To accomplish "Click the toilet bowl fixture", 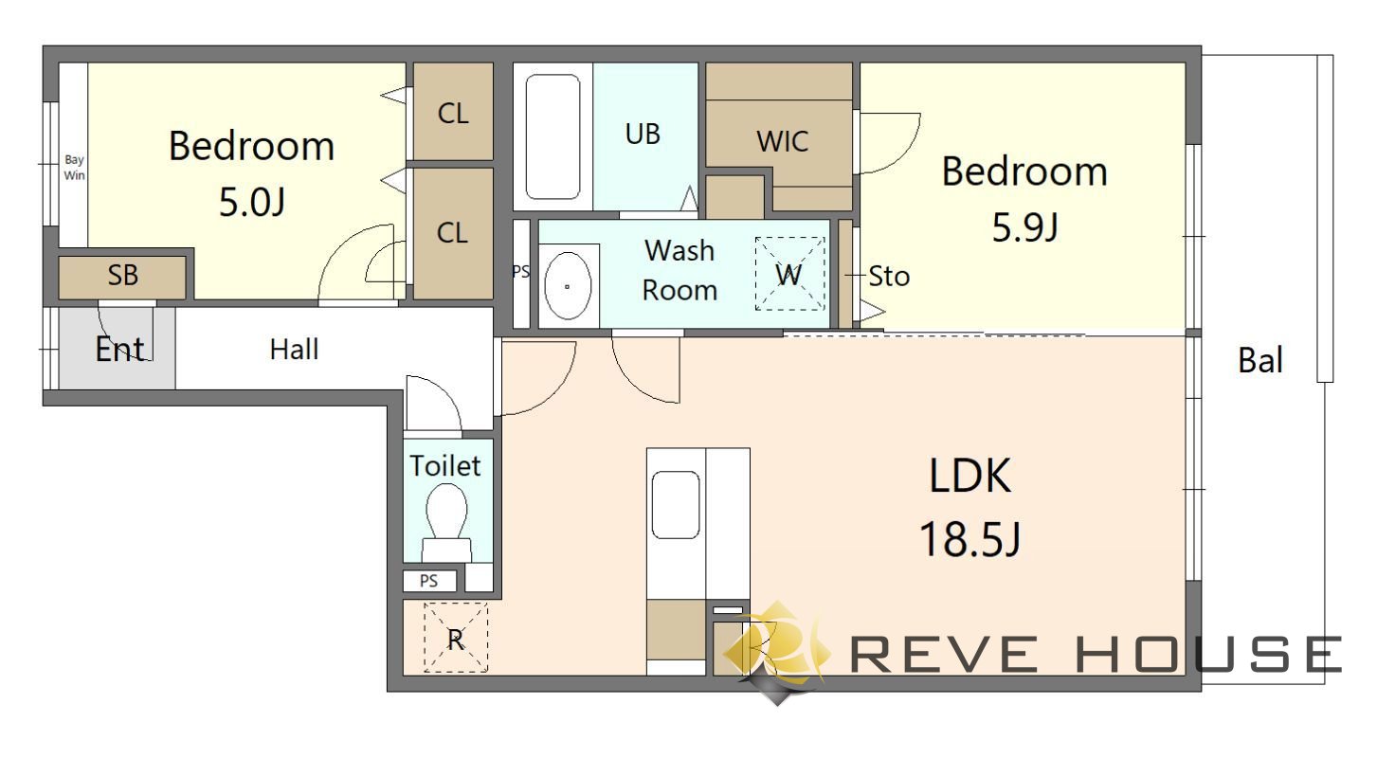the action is tap(446, 523).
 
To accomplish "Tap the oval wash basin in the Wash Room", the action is tap(568, 286).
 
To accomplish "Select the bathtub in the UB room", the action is tap(553, 136).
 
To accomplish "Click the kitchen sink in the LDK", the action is tap(675, 505).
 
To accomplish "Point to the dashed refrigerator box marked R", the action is tap(456, 637).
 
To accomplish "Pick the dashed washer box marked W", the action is tap(790, 274).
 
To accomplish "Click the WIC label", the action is tap(782, 141).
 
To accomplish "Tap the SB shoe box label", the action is tap(123, 275).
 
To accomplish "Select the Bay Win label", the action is tap(74, 167).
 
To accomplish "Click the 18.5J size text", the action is tap(970, 539).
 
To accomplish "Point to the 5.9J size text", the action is tap(1024, 226).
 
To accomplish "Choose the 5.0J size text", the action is tap(252, 202).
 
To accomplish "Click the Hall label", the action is tap(294, 350).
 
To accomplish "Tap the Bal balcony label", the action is tap(1260, 360).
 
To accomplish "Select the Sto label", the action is tap(889, 277).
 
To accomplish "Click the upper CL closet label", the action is tap(453, 113).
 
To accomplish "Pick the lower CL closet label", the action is tap(452, 232).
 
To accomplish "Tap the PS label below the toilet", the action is tap(428, 581).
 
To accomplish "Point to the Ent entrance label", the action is tap(120, 350).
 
